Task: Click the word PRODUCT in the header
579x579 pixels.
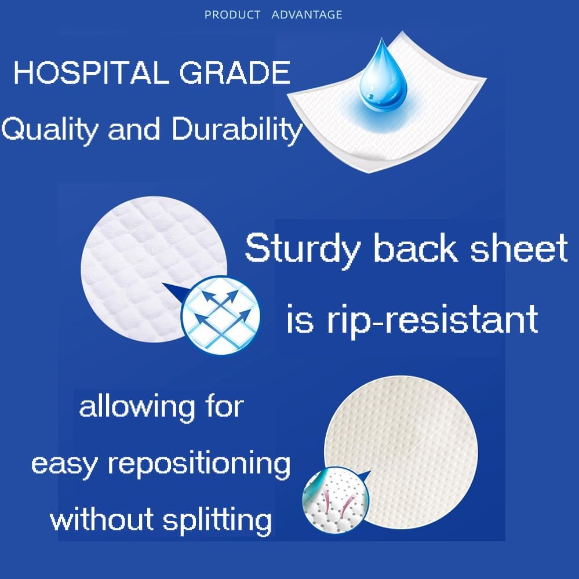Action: point(232,14)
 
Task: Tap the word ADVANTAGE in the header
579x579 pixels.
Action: point(307,14)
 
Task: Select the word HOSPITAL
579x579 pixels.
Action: point(91,72)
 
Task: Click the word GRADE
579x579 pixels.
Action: point(235,72)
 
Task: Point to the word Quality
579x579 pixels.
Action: point(50,129)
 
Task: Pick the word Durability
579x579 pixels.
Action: point(237,129)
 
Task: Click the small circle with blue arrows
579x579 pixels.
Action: point(220,315)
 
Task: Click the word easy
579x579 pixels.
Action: point(65,465)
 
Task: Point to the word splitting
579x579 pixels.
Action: point(217,520)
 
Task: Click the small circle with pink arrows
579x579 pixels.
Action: point(336,500)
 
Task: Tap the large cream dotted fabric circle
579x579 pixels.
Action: point(401,452)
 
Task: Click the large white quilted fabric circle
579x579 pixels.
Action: point(154,269)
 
